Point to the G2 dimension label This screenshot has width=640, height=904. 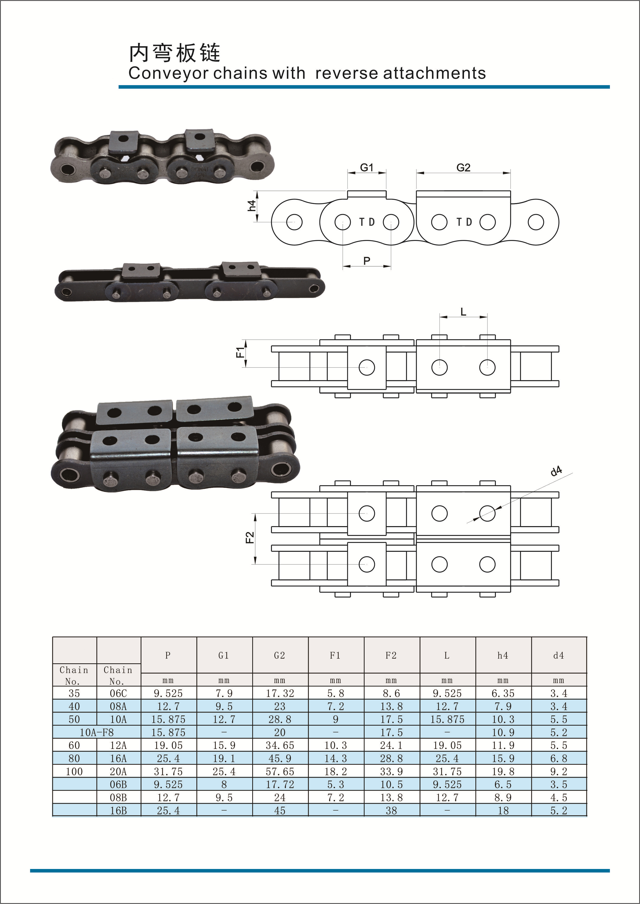[464, 168]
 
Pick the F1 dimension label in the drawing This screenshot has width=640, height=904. [240, 352]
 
